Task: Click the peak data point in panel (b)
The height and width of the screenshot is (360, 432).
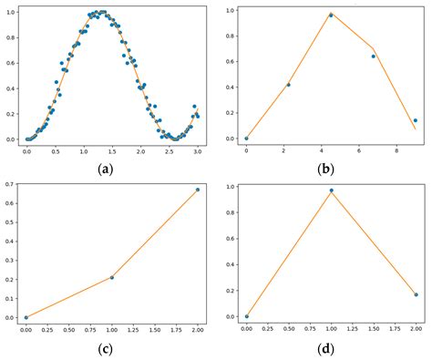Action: [x=331, y=15]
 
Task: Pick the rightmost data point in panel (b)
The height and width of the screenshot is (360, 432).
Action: [x=415, y=120]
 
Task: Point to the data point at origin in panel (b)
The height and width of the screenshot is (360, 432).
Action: [x=246, y=139]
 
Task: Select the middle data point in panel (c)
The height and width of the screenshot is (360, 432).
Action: [x=112, y=277]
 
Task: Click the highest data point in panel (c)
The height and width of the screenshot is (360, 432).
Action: [x=197, y=190]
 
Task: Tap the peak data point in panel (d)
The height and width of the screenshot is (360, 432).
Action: [x=331, y=190]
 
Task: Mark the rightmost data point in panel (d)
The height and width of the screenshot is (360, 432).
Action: [x=416, y=294]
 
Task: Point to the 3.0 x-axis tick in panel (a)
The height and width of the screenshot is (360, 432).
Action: [x=194, y=151]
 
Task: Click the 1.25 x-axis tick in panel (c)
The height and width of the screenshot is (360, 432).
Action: [x=133, y=330]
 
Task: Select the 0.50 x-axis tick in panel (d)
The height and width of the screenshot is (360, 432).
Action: [x=289, y=329]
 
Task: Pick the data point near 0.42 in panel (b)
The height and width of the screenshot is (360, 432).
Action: [x=288, y=85]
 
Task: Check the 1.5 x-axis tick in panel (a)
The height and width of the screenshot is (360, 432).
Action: [x=110, y=151]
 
